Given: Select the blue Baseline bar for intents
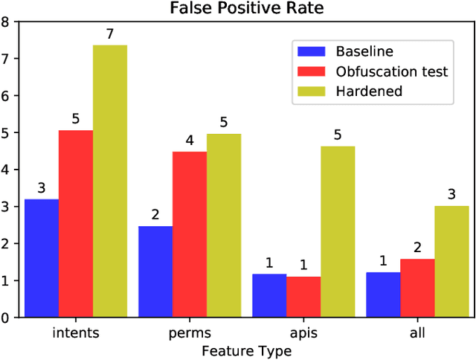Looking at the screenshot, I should click(42, 258).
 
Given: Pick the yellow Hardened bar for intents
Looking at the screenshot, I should click(110, 181).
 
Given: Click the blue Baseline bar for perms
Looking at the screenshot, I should click(155, 271).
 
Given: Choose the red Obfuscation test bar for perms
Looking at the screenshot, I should click(190, 234).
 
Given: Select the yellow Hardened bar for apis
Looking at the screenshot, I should click(338, 231).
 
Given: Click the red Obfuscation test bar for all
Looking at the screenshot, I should click(417, 288).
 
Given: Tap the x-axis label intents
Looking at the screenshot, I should click(76, 332).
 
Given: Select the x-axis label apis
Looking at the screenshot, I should click(303, 332).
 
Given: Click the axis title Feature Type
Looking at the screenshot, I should click(246, 349).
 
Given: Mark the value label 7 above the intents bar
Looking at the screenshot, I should click(110, 34).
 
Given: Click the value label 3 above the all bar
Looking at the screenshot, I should click(451, 195).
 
